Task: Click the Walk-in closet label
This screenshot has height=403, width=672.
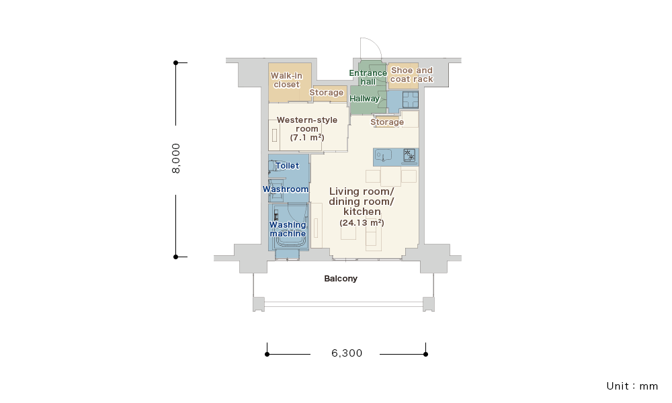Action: [x=287, y=80]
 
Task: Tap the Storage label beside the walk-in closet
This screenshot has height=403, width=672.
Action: [x=327, y=93]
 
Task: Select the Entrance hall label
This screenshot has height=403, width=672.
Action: [x=368, y=77]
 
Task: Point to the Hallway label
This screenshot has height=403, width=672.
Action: [x=365, y=99]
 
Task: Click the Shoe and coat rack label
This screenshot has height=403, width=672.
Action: [x=412, y=75]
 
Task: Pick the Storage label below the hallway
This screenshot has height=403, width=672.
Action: [x=388, y=122]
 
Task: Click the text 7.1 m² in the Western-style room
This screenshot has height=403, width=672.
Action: [x=307, y=138]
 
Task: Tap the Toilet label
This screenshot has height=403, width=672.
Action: [x=287, y=166]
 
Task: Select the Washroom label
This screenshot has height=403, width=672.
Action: [x=286, y=189]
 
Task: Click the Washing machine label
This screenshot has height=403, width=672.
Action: [x=288, y=229]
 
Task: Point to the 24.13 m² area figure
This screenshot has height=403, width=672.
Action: [x=362, y=223]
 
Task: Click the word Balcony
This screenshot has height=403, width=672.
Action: [x=341, y=279]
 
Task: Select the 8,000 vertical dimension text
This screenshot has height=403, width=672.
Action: [x=176, y=159]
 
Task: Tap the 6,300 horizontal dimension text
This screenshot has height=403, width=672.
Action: [x=347, y=353]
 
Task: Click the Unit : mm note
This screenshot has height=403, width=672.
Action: [x=632, y=386]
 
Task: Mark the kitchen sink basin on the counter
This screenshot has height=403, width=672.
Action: [x=383, y=155]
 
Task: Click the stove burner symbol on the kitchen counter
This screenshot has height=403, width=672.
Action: [x=409, y=154]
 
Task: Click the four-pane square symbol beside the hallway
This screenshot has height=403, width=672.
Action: [x=410, y=100]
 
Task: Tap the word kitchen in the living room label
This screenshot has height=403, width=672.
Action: [x=362, y=212]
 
